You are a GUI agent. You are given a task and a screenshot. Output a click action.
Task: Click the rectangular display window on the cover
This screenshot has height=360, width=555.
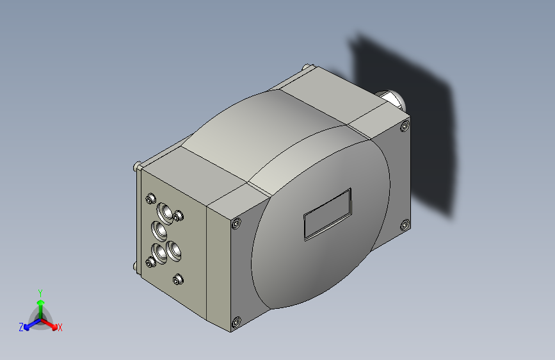coord(327,214)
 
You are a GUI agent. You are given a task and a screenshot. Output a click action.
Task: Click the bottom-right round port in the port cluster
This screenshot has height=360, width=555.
coord(174,249)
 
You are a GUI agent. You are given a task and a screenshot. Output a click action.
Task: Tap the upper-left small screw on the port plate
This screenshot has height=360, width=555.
coord(150,198)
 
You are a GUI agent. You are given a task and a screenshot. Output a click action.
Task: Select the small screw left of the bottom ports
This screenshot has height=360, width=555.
coord(150,261)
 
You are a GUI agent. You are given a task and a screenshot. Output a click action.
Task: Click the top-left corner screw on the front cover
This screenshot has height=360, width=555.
coord(237,224)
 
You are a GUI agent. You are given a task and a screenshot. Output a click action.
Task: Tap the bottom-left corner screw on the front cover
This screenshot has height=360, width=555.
coord(236,322)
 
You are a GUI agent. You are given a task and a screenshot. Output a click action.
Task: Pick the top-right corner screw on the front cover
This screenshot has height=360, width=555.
coord(404,127)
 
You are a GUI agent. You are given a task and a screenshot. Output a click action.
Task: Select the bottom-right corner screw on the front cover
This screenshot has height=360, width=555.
coord(405,224)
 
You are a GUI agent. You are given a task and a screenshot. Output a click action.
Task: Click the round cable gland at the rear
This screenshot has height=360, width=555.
coord(392,100)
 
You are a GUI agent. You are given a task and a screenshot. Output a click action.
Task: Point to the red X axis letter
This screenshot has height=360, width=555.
coord(60,328)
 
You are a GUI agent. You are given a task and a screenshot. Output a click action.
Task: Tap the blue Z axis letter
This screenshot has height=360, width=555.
coord(21,327)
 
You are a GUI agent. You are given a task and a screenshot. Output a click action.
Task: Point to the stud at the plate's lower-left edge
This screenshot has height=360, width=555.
coord(135,266)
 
